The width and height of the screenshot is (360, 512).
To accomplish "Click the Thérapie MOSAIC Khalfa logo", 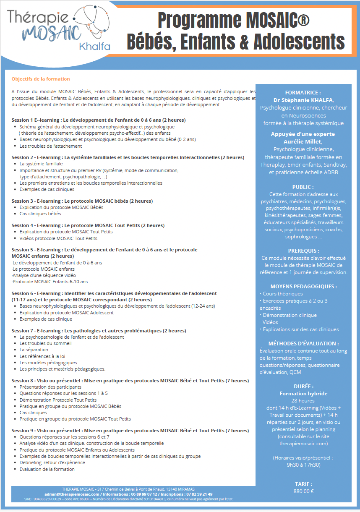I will coord(59,29).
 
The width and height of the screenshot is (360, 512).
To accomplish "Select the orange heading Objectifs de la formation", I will coord(41,79).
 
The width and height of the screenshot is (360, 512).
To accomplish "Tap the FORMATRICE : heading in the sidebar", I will coord(303,92).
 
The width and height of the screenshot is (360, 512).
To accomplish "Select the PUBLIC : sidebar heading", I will coord(303,187).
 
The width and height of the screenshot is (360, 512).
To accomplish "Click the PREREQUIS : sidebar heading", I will coord(303,251).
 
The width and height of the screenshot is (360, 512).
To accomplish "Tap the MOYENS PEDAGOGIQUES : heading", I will coord(303,286).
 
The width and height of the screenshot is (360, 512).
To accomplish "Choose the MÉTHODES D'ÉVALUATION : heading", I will coord(303,343).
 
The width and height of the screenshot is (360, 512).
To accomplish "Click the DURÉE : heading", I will coord(303,386).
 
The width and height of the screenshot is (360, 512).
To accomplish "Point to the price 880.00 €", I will coord(303,491).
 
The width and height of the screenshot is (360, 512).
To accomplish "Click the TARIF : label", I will coord(303,484).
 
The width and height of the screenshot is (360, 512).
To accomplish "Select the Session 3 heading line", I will coord(82,201).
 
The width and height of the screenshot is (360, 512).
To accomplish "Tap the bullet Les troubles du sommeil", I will coord(45,343).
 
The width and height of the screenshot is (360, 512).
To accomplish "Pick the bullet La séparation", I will coord(34,350).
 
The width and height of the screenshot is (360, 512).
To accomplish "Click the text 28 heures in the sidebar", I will coord(303,401).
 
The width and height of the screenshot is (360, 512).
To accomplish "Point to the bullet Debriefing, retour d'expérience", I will coord(52,462).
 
